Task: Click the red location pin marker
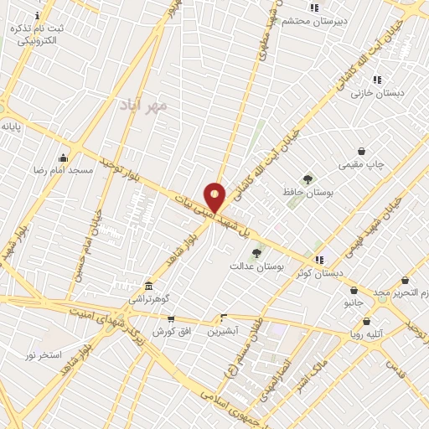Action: pyautogui.click(x=215, y=197)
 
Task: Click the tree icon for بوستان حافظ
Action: pyautogui.click(x=308, y=179)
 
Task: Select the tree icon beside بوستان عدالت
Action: pyautogui.click(x=256, y=252)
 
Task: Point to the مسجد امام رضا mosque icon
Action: pyautogui.click(x=63, y=158)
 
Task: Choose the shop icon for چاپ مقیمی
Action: pyautogui.click(x=361, y=152)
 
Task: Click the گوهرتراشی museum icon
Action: pyautogui.click(x=148, y=286)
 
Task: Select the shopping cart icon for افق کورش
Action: pyautogui.click(x=172, y=318)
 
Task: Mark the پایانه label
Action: pyautogui.click(x=11, y=127)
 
